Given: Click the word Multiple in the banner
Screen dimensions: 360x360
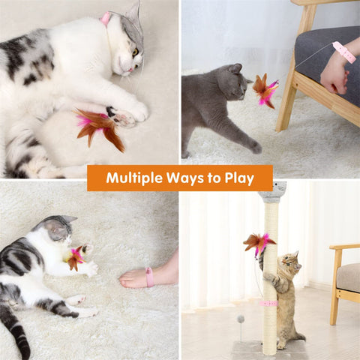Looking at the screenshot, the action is click(x=134, y=178).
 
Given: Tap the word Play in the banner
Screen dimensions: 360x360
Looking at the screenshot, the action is click(x=239, y=178).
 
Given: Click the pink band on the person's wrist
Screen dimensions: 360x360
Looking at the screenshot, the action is click(x=344, y=52).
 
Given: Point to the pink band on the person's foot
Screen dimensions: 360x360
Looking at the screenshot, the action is click(x=149, y=277).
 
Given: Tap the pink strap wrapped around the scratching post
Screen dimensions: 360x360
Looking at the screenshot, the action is click(x=268, y=304).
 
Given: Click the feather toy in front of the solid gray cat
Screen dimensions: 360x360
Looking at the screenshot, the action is click(x=265, y=91).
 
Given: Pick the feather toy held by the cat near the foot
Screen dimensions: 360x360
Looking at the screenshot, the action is click(x=76, y=259).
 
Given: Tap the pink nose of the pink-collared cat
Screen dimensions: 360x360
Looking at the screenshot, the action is click(x=130, y=70).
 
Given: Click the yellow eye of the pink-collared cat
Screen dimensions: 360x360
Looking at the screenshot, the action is click(x=135, y=52).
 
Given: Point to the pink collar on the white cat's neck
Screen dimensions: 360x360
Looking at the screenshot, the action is click(x=105, y=17).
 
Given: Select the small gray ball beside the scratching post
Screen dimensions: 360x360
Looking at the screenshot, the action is click(x=241, y=319).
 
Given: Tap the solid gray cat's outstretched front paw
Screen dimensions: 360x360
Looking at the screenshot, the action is click(x=256, y=148).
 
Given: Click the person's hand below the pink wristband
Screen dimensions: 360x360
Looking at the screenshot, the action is click(x=334, y=77).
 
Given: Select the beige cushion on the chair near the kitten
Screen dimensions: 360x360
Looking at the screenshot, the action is click(x=348, y=277).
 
